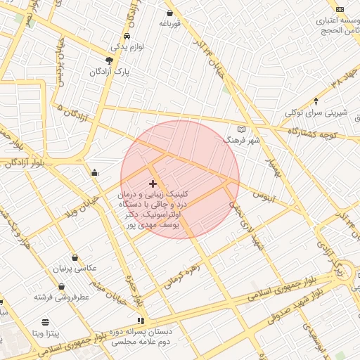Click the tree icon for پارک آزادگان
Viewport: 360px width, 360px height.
pos(109,60)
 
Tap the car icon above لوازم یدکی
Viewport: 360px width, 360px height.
pos(126,35)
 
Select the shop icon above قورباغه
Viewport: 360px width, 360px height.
pos(169,13)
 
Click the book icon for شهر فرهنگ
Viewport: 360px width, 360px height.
pos(242,129)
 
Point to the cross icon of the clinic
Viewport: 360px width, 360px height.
pos(153,184)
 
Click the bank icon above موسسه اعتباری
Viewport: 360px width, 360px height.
pos(340,9)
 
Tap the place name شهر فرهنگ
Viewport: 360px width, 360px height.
pos(241,141)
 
